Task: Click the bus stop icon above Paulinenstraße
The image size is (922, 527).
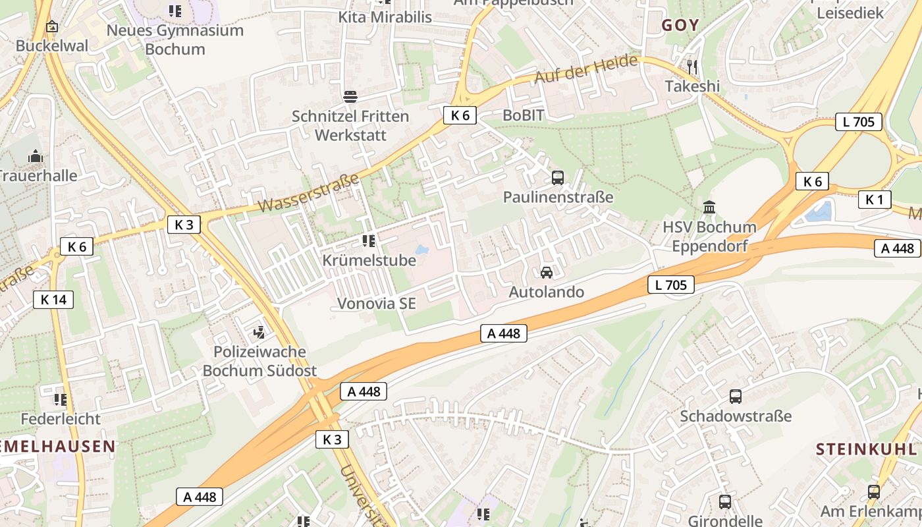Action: (558, 177)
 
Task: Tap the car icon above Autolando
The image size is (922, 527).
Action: (546, 272)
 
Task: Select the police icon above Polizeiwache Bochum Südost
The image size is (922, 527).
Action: (259, 332)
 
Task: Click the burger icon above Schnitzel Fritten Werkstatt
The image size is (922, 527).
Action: (350, 97)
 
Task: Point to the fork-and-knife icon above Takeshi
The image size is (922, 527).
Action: (692, 67)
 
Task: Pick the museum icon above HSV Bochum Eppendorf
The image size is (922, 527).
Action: (709, 208)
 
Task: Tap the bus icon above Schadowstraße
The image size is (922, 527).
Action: (736, 397)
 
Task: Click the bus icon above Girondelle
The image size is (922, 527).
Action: (725, 501)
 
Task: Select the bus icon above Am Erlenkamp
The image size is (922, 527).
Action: (874, 491)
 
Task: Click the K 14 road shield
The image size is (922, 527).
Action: (53, 300)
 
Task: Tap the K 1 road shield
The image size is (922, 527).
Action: (874, 200)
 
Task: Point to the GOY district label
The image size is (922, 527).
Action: (680, 26)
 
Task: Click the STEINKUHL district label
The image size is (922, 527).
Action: (866, 450)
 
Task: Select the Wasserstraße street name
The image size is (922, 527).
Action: (308, 193)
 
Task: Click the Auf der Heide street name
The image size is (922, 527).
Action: (586, 69)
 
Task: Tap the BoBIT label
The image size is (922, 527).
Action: (524, 115)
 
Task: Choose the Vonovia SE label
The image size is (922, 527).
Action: (377, 304)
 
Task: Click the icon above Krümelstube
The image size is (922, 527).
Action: (369, 241)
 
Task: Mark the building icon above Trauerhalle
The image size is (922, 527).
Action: (35, 156)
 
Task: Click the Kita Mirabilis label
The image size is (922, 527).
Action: (385, 17)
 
